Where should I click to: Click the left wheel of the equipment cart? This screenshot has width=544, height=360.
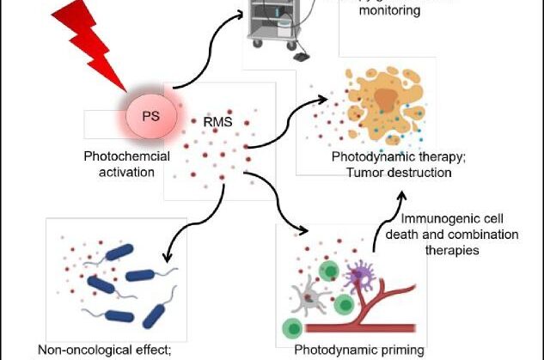coord(254,61)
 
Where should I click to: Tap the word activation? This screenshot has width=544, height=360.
coord(122,171)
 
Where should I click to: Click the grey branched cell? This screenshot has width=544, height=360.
coord(304,296)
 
